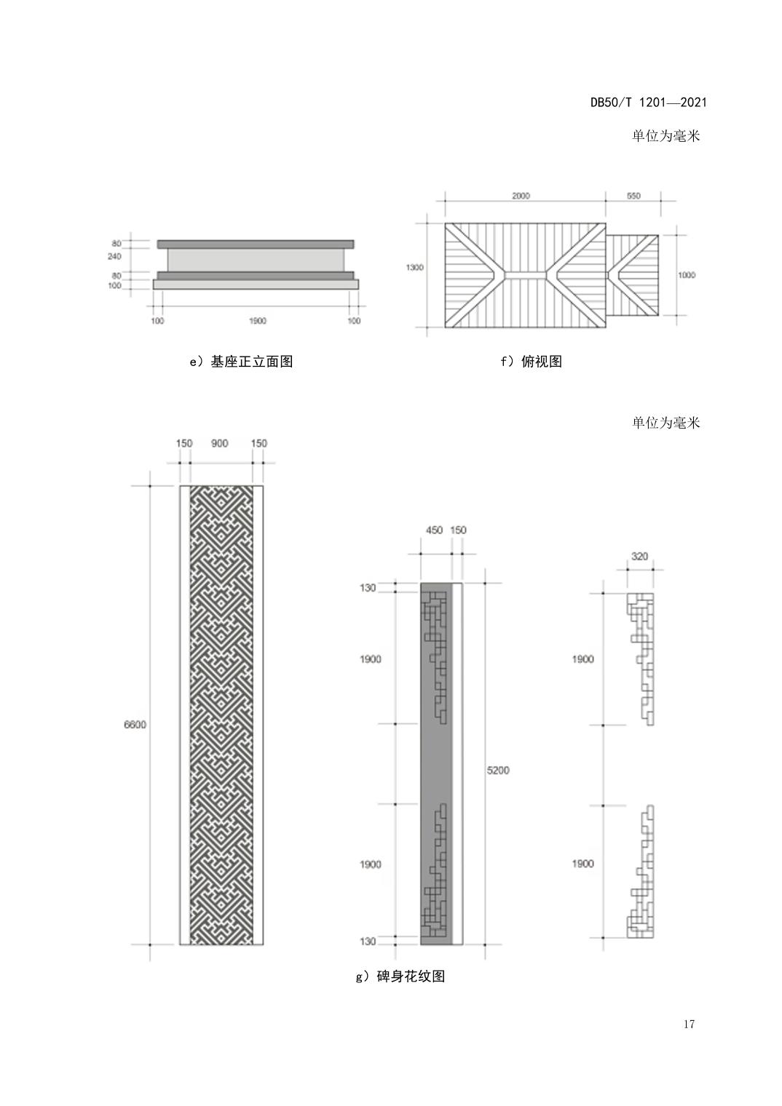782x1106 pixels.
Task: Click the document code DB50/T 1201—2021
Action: click(649, 103)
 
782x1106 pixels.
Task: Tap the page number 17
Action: click(689, 1024)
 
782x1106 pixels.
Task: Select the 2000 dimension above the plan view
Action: click(521, 196)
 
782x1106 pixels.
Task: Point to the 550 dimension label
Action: click(633, 196)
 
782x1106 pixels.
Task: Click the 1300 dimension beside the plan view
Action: click(415, 268)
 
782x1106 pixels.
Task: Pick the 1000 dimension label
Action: click(686, 275)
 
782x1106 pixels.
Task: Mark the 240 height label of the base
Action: click(114, 256)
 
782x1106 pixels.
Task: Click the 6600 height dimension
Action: click(135, 724)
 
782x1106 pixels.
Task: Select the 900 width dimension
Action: click(220, 443)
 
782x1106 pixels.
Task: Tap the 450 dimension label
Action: click(434, 530)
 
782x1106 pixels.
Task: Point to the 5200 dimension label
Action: click(498, 771)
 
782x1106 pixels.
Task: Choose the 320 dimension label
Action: click(639, 557)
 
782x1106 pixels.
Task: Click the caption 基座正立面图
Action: click(252, 362)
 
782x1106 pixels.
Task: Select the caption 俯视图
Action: click(542, 362)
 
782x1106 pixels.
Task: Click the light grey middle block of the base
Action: click(256, 260)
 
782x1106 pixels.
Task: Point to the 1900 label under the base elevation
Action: click(257, 321)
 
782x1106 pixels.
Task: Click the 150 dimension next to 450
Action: click(458, 530)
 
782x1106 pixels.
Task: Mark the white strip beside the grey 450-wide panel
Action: click(457, 764)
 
